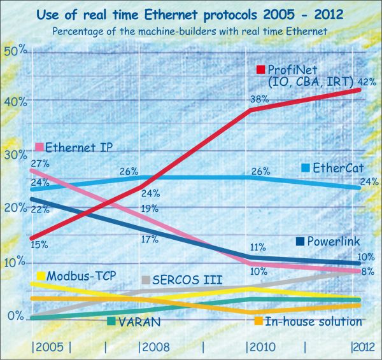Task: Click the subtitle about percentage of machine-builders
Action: pos(191,31)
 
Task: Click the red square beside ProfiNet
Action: pos(260,69)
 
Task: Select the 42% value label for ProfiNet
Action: pos(368,81)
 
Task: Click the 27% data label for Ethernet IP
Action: pos(39,163)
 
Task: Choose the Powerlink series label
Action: pos(334,241)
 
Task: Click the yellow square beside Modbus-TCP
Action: pos(41,276)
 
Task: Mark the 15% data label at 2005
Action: pos(39,244)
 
